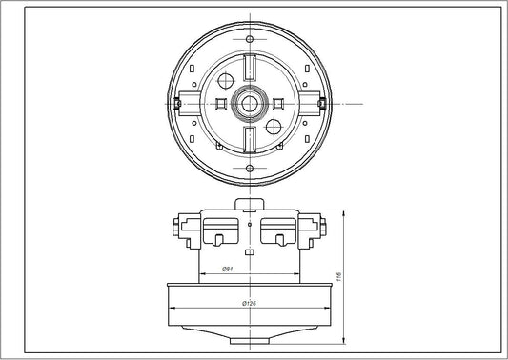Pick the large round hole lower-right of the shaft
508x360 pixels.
pos(274,125)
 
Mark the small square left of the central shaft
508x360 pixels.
pos(222,101)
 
